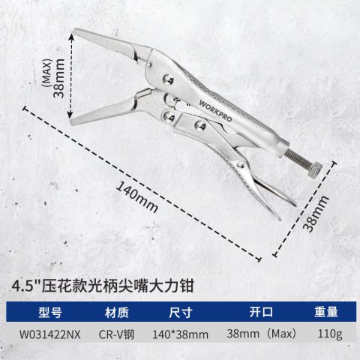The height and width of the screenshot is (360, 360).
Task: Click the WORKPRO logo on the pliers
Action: coord(215,110)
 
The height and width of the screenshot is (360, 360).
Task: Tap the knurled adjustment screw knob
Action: coord(314,170)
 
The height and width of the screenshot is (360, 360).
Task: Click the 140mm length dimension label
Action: coord(137,197)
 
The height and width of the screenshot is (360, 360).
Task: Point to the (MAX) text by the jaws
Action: coord(47,73)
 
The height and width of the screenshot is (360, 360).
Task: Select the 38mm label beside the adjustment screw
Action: coord(316,214)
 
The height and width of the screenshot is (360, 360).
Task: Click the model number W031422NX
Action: coord(50,334)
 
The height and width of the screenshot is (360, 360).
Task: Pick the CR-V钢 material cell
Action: coord(116,334)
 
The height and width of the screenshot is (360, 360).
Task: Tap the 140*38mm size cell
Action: coord(180,334)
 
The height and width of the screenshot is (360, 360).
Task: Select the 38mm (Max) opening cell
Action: coord(262,334)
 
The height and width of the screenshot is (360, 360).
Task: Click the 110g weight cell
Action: coord(330,334)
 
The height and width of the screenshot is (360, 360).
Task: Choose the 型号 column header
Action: coord(50,312)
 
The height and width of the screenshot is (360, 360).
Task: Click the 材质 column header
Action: coord(117,312)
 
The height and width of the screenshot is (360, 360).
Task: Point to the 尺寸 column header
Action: coord(181,312)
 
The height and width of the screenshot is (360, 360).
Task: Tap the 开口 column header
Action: coord(261,312)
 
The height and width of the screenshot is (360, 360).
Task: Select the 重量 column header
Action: coord(326,312)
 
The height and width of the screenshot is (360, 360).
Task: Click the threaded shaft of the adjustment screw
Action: coord(297,158)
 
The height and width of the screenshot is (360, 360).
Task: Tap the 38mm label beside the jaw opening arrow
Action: coord(59,78)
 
